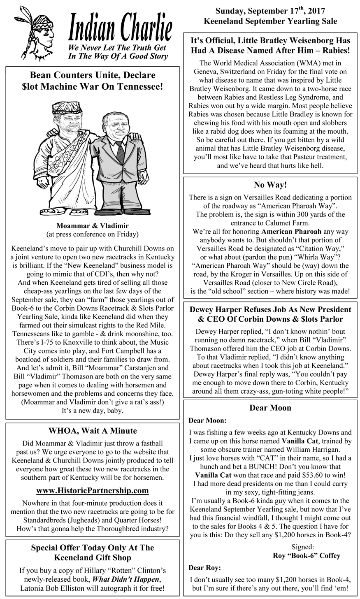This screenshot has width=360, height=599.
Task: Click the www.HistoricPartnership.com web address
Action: (92, 490)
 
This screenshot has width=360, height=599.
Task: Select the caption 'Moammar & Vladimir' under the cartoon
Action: (93, 226)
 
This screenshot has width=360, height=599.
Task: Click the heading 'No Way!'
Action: (270, 185)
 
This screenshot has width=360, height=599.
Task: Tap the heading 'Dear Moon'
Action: (270, 408)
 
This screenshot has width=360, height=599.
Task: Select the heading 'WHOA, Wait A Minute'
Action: (93, 431)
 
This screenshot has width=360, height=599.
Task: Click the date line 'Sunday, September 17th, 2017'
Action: (270, 11)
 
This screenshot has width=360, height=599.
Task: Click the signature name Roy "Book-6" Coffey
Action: (307, 555)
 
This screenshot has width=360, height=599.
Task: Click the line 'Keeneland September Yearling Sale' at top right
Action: (270, 21)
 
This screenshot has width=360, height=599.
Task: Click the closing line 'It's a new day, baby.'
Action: (93, 410)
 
